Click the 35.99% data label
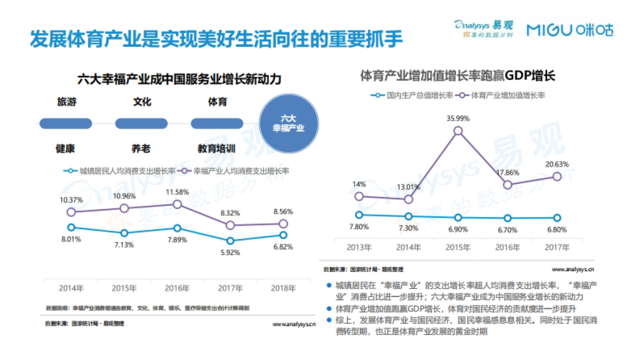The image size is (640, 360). (458, 118)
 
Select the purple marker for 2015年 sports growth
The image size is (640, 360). (458, 131)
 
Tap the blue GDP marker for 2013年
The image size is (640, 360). (359, 214)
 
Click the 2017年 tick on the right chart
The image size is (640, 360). (557, 247)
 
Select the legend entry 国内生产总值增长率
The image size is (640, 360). (414, 95)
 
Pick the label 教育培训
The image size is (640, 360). (217, 149)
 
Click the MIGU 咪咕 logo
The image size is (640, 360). (570, 30)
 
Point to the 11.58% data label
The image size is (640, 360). (178, 191)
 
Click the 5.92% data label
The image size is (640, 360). (230, 252)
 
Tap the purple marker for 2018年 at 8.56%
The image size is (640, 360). (283, 224)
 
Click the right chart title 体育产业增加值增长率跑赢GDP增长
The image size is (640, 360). (458, 75)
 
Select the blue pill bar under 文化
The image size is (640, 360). (141, 124)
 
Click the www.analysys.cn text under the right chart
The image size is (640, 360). (573, 269)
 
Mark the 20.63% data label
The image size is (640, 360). (557, 164)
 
